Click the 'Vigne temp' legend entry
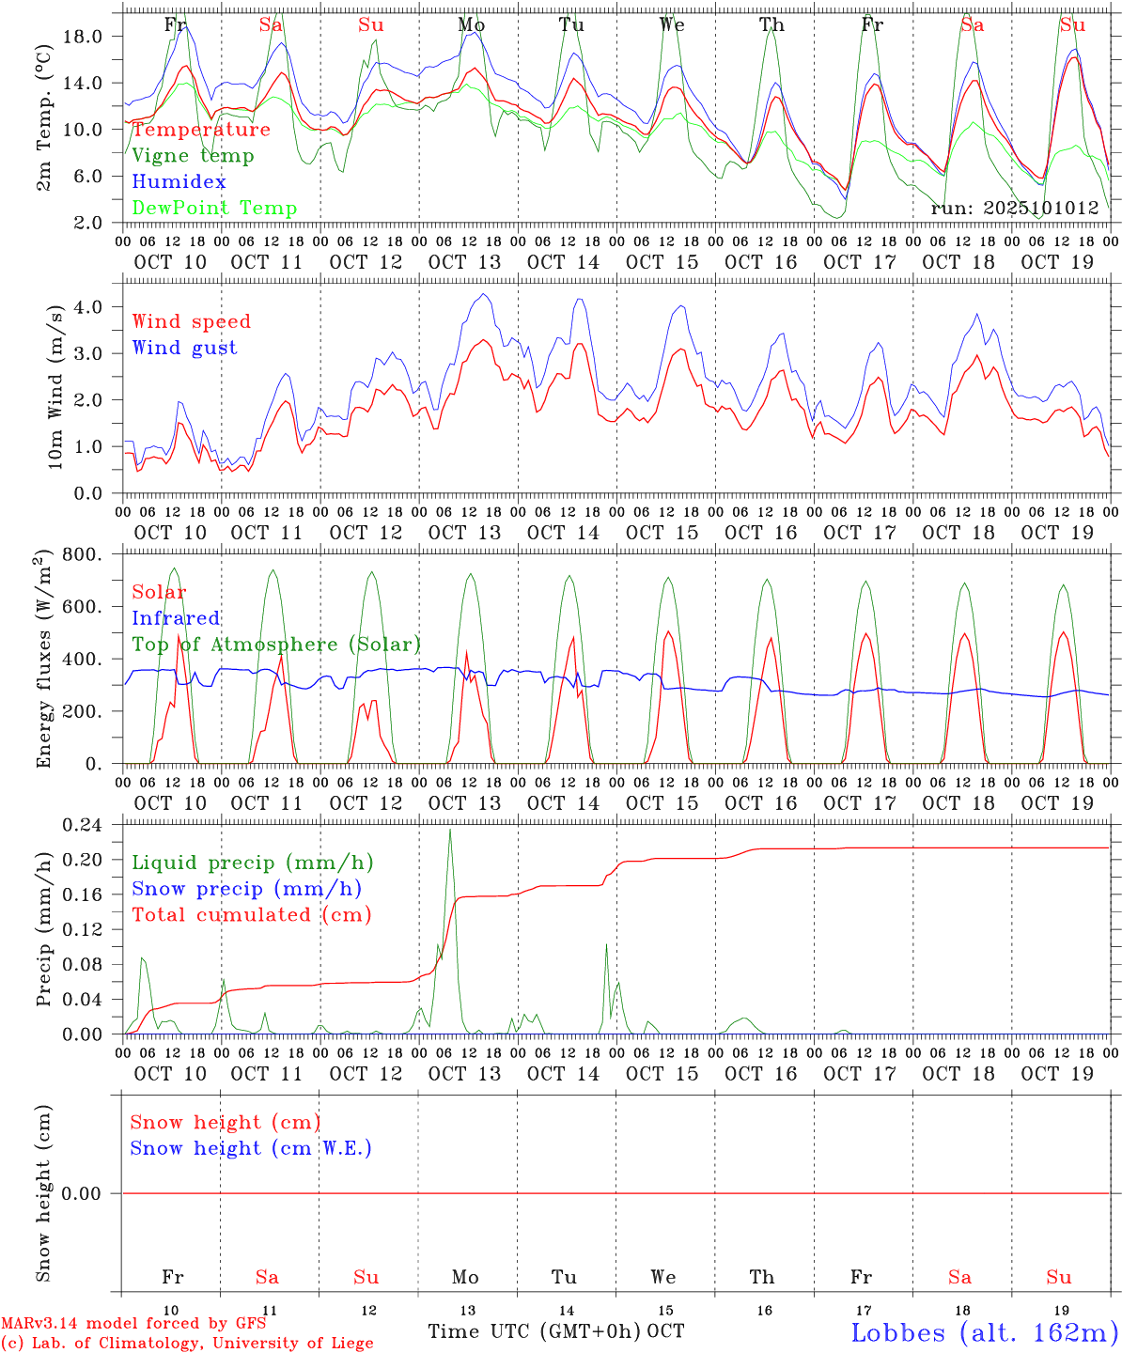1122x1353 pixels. (193, 156)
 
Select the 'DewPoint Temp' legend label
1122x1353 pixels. (214, 209)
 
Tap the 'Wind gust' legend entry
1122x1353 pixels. (184, 348)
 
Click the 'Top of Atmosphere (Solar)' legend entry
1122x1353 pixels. (275, 645)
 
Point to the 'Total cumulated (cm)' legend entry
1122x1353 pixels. (251, 915)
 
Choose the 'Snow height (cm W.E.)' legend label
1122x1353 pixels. (250, 1148)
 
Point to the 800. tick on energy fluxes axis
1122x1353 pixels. (93, 554)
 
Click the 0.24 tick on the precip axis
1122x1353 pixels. (94, 825)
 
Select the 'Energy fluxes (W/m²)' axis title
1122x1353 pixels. (43, 660)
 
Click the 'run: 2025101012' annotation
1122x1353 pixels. (1014, 209)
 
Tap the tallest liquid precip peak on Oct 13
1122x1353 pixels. (450, 830)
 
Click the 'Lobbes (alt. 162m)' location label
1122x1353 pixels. (984, 1332)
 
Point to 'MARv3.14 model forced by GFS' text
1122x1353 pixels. (133, 1324)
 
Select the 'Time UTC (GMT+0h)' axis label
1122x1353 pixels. (534, 1331)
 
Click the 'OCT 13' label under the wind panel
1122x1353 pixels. (464, 533)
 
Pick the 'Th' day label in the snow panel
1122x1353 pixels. (762, 1277)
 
